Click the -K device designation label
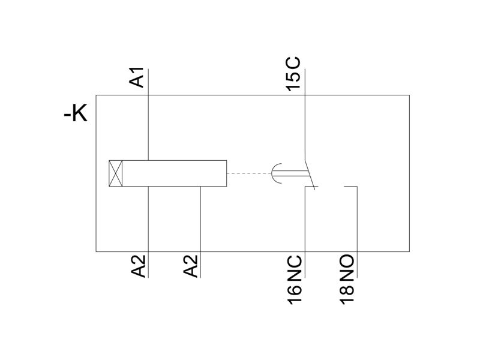[x=76, y=113]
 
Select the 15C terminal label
[x=293, y=74]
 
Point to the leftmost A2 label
[x=139, y=266]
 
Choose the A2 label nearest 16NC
[x=191, y=266]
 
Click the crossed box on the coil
[x=116, y=173]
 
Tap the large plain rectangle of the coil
[x=175, y=173]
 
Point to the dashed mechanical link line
[x=249, y=173]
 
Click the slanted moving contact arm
[x=310, y=173]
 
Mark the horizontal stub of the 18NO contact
[x=351, y=187]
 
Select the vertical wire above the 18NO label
[x=357, y=232]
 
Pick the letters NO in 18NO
[x=347, y=267]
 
